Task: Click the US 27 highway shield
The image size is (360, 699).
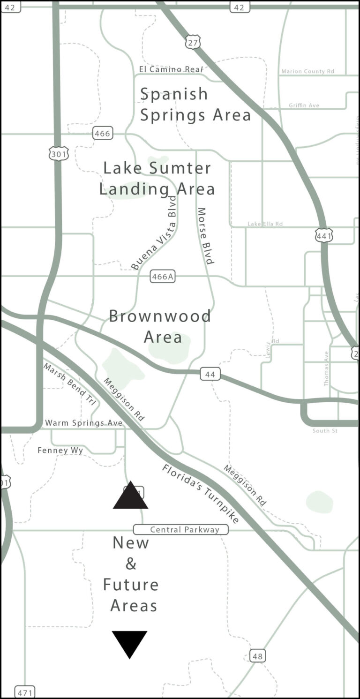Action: pos(193,42)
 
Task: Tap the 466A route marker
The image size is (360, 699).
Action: pos(163,277)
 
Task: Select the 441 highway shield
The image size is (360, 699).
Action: pos(324,235)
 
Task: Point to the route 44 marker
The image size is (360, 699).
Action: pos(210,374)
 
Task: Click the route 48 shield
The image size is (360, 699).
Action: pos(257,655)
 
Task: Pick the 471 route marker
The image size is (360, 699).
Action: pos(24,692)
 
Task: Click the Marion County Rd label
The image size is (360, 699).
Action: pos(307,71)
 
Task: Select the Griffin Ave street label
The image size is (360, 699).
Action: pos(304,105)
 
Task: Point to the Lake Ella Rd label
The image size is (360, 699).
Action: pos(265,224)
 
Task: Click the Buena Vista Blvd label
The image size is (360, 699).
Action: pos(154,233)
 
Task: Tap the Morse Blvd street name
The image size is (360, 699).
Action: pos(205,236)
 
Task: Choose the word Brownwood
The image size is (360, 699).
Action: pos(160,316)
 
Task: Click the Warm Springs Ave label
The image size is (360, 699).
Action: pos(83,423)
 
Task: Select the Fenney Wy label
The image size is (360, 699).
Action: pos(60,451)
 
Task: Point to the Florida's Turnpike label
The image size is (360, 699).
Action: pos(201,494)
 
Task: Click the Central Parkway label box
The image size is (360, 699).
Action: pos(181,530)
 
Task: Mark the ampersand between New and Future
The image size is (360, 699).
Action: pos(131,564)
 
